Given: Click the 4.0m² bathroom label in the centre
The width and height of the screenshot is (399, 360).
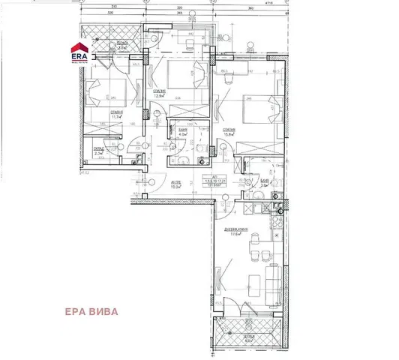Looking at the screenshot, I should [x=183, y=133].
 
